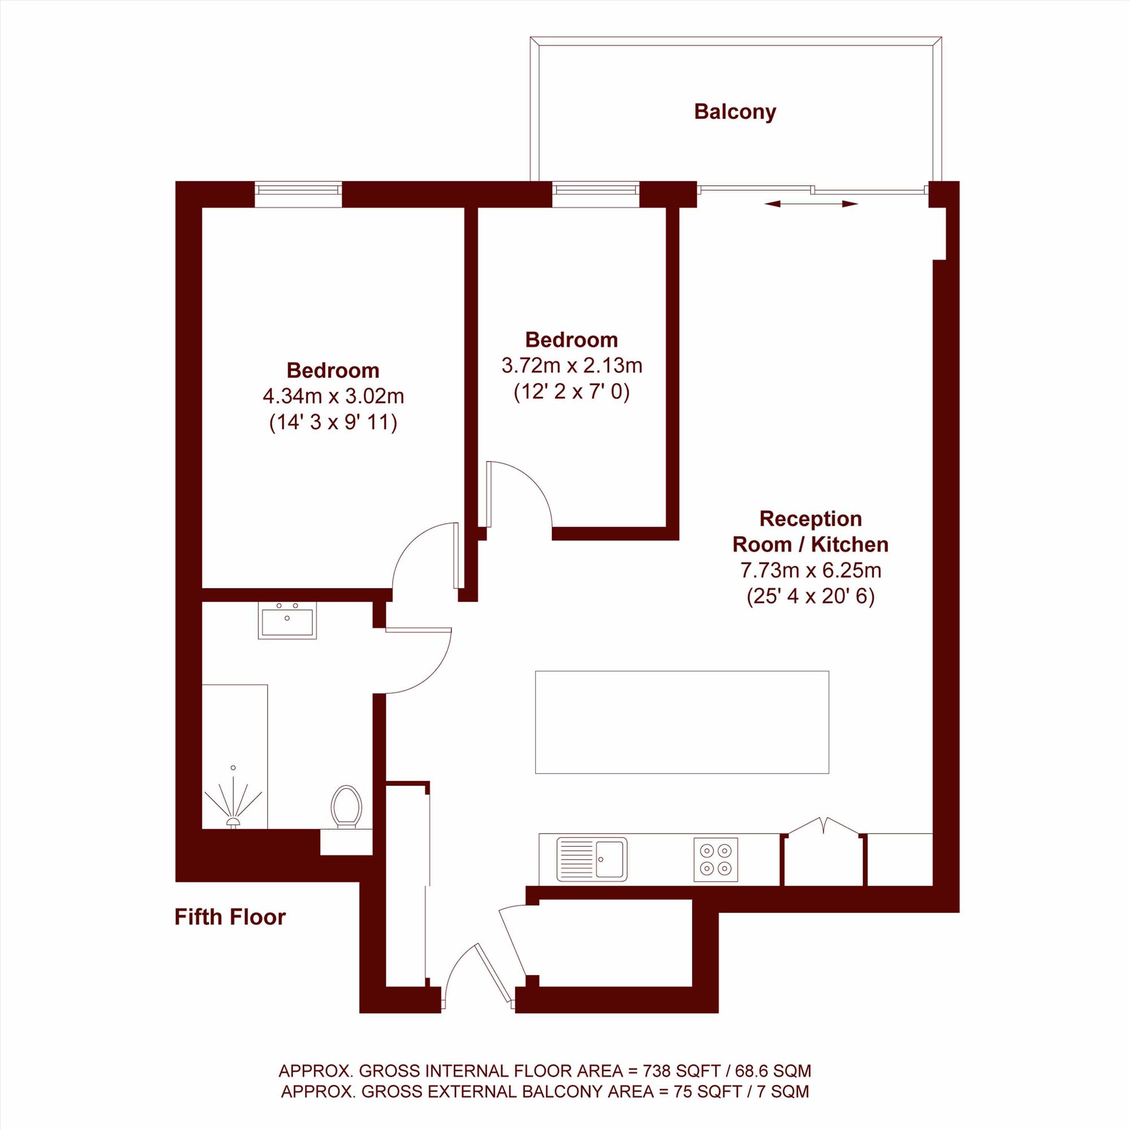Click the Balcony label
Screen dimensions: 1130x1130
(x=734, y=112)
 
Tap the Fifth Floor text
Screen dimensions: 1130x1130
(x=230, y=916)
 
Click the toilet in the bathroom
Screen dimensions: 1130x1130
(x=346, y=807)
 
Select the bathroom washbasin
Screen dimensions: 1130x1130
(x=287, y=620)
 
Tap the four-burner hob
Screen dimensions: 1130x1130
(x=716, y=859)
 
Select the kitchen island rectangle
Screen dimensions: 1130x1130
(x=682, y=722)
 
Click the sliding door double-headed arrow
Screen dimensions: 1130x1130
(x=811, y=203)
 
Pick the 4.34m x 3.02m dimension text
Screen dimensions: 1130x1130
(x=333, y=396)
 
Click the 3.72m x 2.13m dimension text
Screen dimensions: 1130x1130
(x=572, y=366)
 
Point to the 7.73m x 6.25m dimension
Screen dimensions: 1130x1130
(x=811, y=570)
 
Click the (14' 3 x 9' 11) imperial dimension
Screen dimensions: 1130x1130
(x=333, y=421)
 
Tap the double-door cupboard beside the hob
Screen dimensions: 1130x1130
(x=824, y=851)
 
